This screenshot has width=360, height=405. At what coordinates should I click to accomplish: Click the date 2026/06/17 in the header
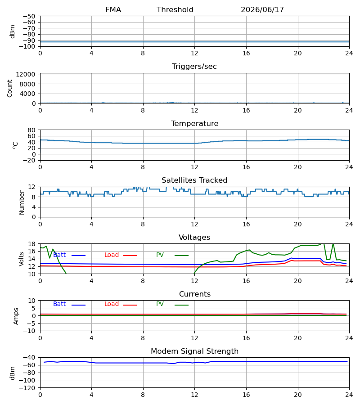tap(262, 10)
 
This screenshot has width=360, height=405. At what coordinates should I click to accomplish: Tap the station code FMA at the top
tap(113, 10)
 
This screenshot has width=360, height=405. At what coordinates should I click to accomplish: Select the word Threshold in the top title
tap(175, 10)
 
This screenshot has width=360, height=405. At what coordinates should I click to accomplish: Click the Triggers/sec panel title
tap(194, 67)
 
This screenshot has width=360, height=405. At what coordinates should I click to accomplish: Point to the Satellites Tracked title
tap(194, 180)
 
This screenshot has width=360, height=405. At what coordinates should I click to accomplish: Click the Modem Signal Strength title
tap(194, 351)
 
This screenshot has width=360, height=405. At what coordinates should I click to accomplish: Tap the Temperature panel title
tap(194, 123)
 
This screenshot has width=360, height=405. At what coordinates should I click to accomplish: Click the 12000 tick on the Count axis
tap(26, 74)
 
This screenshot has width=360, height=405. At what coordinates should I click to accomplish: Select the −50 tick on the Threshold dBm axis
tap(29, 16)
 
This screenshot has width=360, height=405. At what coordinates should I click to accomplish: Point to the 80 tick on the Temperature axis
tap(32, 130)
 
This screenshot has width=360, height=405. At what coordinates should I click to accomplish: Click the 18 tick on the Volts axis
tap(32, 244)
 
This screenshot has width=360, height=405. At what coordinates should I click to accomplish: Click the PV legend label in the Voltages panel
tap(160, 255)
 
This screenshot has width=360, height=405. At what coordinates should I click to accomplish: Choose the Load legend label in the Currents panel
tap(112, 304)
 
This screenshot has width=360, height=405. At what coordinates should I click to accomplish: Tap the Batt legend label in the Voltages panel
tap(59, 255)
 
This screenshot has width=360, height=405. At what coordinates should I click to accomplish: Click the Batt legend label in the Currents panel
tap(59, 304)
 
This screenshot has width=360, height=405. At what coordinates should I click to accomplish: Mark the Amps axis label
tap(16, 316)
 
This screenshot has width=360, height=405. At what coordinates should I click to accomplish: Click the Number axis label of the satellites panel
tap(22, 202)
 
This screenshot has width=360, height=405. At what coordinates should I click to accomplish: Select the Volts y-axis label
tap(22, 259)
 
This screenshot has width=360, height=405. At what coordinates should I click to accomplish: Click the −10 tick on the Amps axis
tap(29, 331)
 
